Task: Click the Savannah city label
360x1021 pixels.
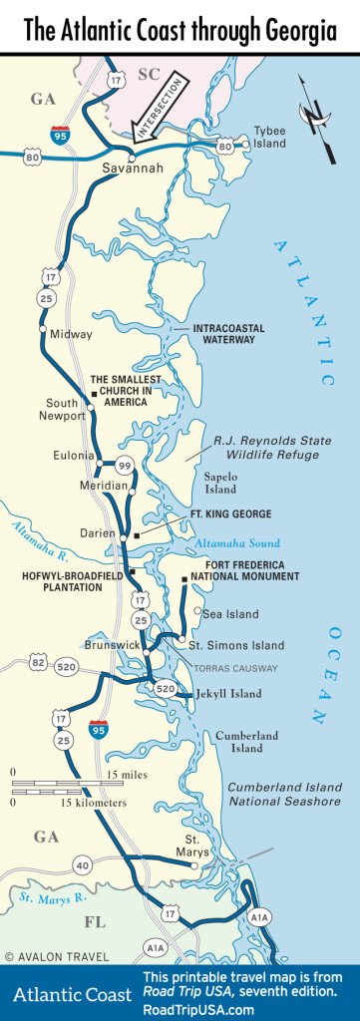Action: pyautogui.click(x=133, y=170)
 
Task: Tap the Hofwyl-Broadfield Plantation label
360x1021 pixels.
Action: pyautogui.click(x=63, y=580)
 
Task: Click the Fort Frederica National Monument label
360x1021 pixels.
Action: pyautogui.click(x=230, y=571)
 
